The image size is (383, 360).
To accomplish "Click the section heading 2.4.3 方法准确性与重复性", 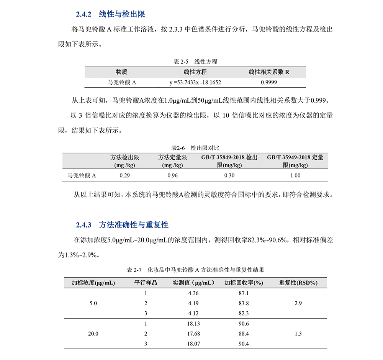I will [x=122, y=224].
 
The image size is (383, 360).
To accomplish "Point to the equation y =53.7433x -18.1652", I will [x=195, y=82].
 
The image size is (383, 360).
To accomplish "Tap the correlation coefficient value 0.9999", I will [x=269, y=82].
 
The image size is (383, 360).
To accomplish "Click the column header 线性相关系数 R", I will [x=269, y=72].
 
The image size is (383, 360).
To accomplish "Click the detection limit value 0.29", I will [x=125, y=175].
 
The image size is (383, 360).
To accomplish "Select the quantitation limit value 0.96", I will [x=173, y=175].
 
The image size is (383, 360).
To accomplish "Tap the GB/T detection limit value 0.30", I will [x=229, y=175].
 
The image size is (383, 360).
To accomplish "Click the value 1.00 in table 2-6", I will [x=295, y=175].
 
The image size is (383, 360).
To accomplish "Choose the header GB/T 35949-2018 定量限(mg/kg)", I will [x=295, y=161].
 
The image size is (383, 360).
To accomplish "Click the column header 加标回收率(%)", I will [x=244, y=283].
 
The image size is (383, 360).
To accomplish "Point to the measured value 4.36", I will [x=194, y=293].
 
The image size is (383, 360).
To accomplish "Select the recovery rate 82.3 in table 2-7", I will [x=244, y=313].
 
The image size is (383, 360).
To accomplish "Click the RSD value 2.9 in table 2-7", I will [x=298, y=303].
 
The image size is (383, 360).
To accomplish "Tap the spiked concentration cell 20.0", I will [x=93, y=334].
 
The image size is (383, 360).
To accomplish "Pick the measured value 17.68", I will [x=194, y=334].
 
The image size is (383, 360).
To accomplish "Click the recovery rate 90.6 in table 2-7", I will [x=244, y=324].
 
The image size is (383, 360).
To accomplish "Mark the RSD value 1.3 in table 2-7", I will [x=298, y=334].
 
